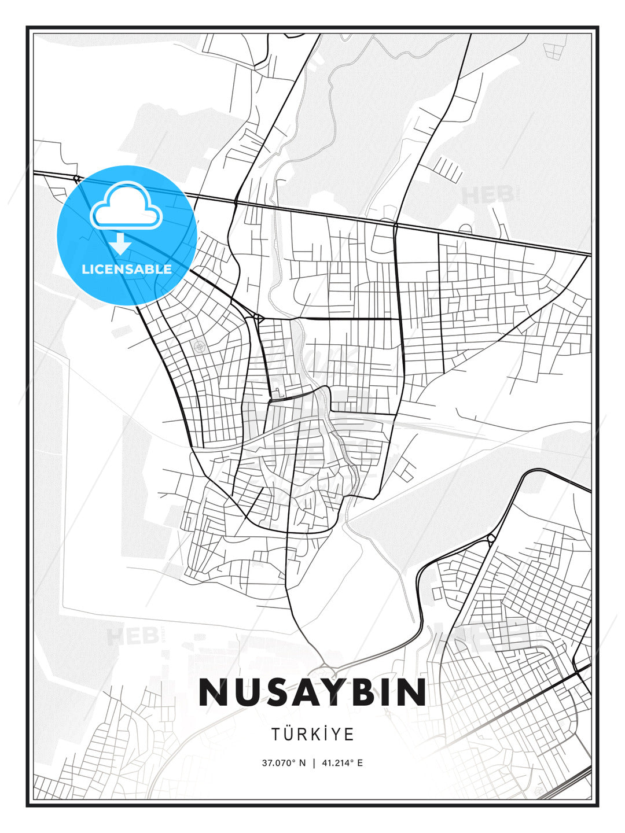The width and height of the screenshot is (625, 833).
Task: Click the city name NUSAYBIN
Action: pos(312,692)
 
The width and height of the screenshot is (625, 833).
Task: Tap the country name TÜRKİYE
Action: pos(312,734)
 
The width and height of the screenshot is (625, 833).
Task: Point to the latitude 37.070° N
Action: pos(283,763)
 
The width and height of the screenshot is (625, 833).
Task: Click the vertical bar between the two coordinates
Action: pos(313,763)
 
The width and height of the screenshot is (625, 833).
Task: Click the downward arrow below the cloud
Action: pos(120,244)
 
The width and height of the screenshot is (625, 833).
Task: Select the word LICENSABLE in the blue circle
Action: pos(127,269)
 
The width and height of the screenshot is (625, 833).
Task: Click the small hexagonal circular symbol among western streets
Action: pos(200,347)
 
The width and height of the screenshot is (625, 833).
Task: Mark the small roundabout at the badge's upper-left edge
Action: pos(76,178)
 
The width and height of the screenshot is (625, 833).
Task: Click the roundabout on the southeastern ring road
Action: pos(491,539)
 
